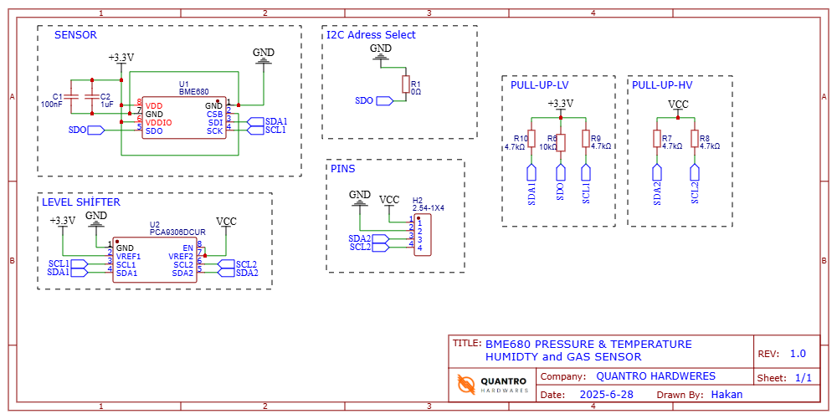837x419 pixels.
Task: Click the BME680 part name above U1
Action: point(194,91)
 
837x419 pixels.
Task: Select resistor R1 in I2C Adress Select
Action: point(405,84)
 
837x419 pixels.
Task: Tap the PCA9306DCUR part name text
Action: point(178,232)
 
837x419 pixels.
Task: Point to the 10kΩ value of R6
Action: point(548,146)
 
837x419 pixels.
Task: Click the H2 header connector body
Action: point(423,235)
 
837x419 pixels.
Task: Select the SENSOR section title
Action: point(75,35)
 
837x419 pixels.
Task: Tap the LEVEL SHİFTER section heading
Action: point(80,202)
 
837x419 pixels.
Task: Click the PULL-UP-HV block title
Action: point(662,85)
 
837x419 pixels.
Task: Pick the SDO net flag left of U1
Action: point(95,130)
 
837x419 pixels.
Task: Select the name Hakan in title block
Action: point(726,394)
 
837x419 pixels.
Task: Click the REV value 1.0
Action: point(798,354)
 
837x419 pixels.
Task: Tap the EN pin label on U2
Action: point(187,248)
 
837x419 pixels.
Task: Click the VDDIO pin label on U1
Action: point(159,122)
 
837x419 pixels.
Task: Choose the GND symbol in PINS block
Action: point(360,197)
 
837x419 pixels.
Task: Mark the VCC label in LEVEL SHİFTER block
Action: point(226,221)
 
